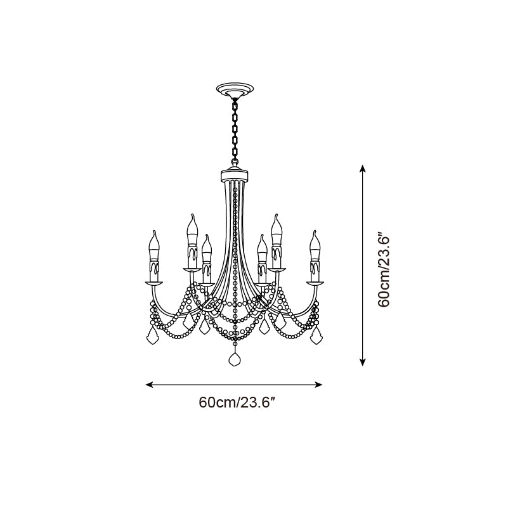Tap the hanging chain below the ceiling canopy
[x=235, y=132]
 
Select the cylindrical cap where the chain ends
[x=235, y=176]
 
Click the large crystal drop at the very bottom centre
[x=235, y=359]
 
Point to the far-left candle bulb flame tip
[x=154, y=231]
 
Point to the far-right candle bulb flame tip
[x=315, y=231]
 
